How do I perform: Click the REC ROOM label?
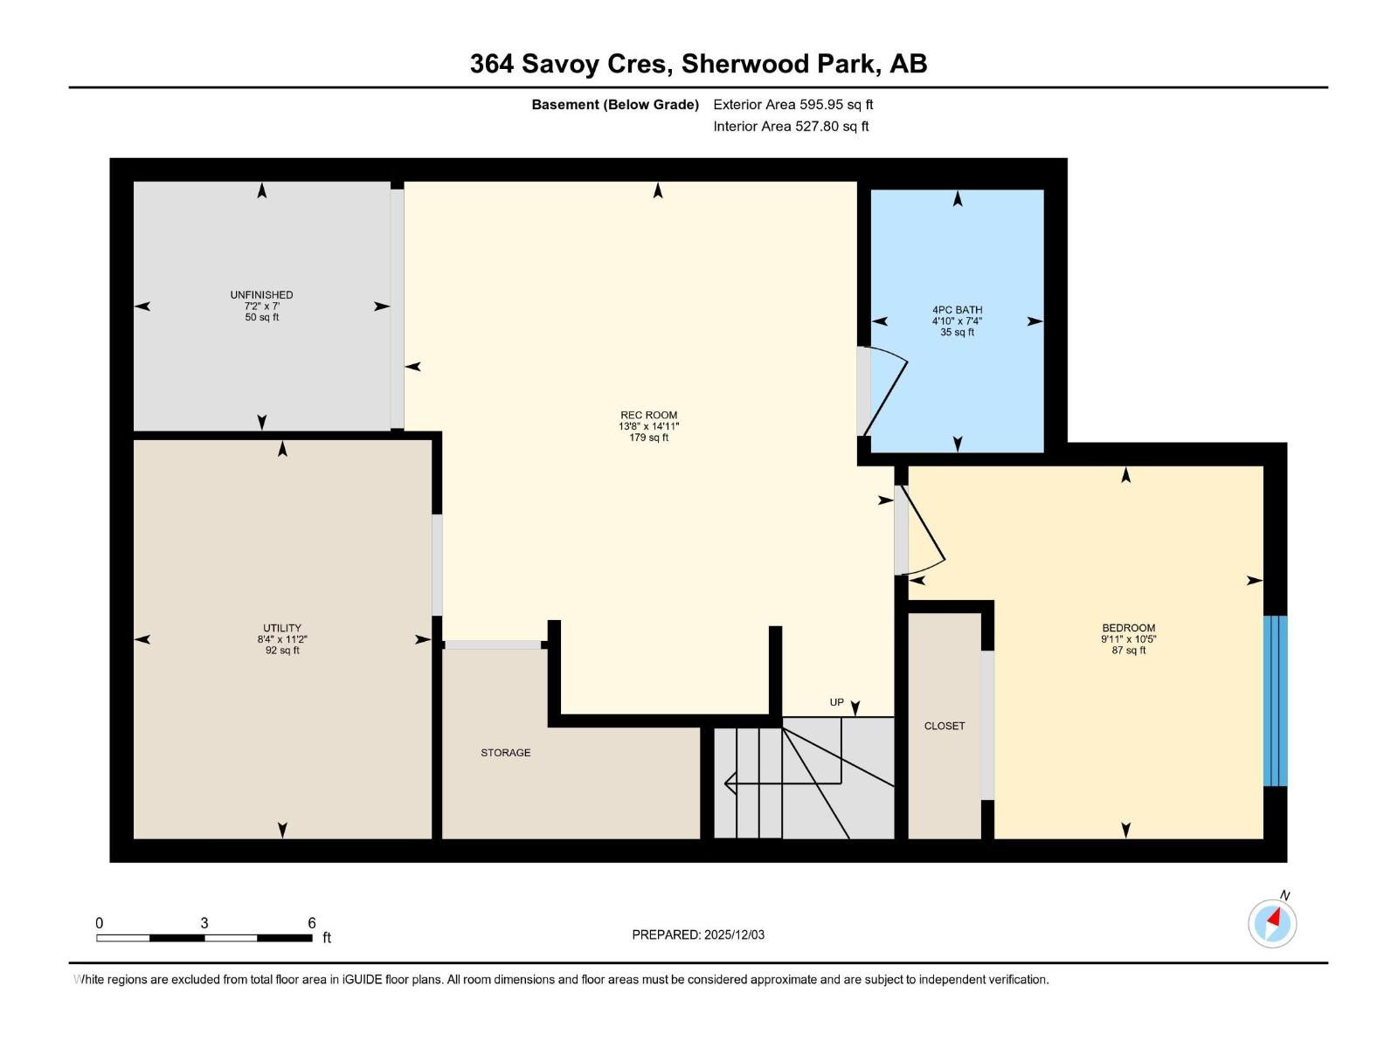[648, 415]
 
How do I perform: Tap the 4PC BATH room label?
[957, 310]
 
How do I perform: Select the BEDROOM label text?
[1128, 627]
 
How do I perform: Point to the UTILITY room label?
[282, 627]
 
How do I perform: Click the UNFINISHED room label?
[262, 294]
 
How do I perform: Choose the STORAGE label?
[505, 752]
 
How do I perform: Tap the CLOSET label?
[944, 726]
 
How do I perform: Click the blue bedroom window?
[1275, 700]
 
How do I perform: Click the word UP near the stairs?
[836, 702]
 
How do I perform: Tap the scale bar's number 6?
[311, 922]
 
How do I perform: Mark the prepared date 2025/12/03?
[734, 934]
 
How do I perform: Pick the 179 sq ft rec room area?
[648, 438]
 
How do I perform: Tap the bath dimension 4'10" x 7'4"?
[957, 321]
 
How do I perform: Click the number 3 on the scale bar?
[204, 922]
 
